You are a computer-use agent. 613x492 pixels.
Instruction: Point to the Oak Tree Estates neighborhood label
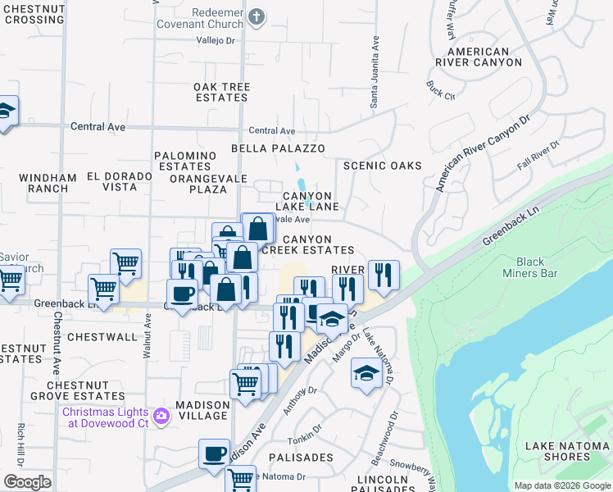pos(221,92)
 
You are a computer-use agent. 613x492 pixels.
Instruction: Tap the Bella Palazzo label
pos(278,148)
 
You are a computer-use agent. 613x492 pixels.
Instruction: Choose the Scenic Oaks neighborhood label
pos(382,166)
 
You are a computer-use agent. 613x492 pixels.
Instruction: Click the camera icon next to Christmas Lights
pos(161,417)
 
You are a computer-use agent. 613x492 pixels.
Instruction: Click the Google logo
pos(27,481)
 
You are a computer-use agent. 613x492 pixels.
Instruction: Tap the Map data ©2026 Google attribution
pos(561,485)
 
